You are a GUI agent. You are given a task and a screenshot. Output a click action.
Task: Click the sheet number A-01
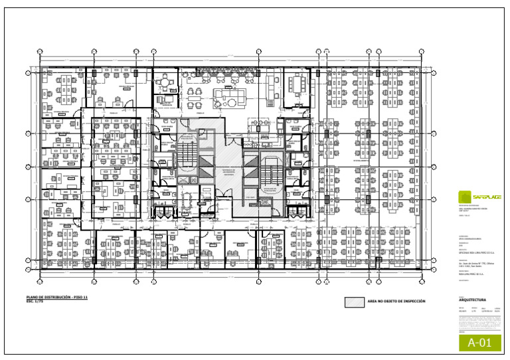click(479, 343)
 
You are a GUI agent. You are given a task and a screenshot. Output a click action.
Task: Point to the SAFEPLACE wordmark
click(487, 197)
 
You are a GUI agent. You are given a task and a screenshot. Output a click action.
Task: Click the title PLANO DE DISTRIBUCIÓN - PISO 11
click(57, 297)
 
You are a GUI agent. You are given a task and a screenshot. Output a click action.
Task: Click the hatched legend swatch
click(354, 302)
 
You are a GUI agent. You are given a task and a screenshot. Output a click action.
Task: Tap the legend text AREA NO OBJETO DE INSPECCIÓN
click(396, 302)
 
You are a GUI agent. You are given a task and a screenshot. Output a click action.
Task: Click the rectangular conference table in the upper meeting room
click(297, 84)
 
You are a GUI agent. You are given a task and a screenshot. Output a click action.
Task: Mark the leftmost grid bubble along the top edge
click(40, 51)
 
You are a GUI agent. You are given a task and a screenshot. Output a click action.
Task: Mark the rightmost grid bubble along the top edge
click(422, 51)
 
